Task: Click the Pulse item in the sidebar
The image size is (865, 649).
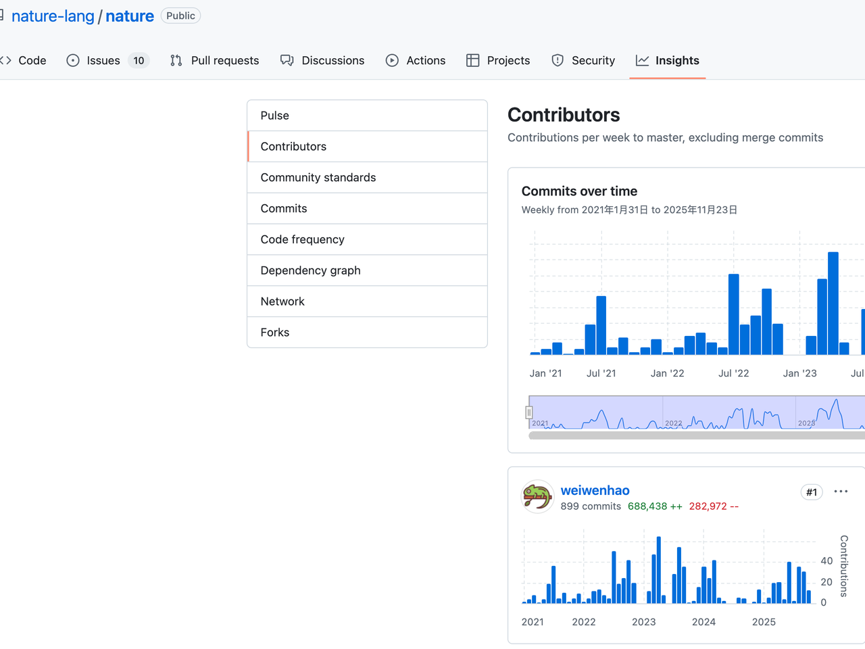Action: pos(275,116)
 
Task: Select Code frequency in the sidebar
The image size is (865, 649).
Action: pos(302,239)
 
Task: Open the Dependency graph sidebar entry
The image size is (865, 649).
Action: pos(310,270)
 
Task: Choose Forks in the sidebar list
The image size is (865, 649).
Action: pos(275,333)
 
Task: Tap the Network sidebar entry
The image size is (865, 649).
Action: pos(282,302)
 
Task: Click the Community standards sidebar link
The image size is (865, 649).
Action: pos(318,178)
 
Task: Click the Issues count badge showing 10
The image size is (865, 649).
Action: pos(139,61)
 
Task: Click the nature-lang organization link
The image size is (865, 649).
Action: pos(53,16)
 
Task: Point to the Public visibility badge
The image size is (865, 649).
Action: pos(180,16)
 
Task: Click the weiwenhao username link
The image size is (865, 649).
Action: pos(595,491)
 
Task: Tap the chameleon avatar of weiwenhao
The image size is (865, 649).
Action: pos(538,497)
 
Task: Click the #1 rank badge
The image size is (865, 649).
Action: pos(811,492)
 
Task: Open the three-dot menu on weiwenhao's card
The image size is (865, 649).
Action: pos(841,491)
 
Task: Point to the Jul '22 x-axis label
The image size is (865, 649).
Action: pos(733,373)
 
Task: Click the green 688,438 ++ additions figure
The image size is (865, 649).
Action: pos(655,506)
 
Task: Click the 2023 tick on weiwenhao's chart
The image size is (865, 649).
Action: pos(643,622)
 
